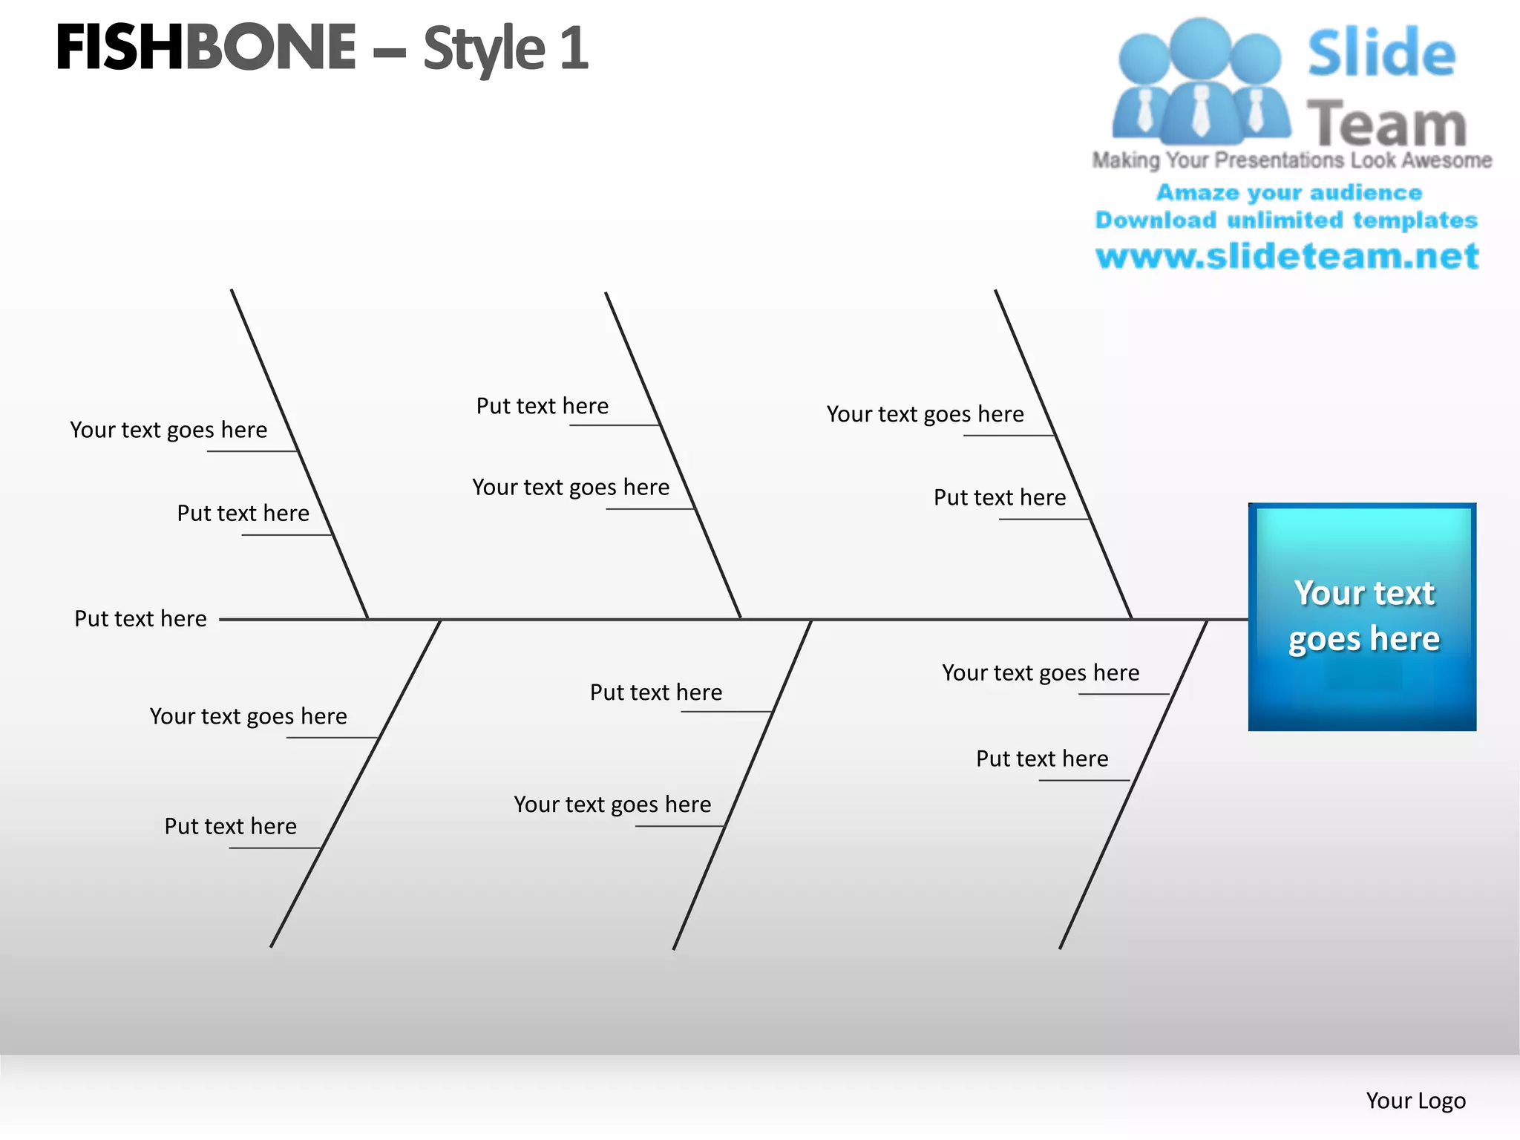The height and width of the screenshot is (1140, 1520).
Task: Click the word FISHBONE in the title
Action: coord(206,47)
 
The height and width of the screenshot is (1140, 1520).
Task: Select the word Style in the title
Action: coord(484,49)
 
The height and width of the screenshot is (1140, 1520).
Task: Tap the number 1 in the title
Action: coord(574,48)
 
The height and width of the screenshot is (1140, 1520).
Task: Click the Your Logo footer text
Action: coord(1415,1101)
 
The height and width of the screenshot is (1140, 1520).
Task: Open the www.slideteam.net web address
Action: coord(1287,256)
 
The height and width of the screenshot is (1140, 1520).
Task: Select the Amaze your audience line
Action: coord(1289,193)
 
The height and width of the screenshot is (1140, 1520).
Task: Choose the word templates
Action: coord(1415,220)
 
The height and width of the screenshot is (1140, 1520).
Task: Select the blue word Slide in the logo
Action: coord(1381,53)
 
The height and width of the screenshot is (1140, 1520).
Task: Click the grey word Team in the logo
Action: coord(1386,123)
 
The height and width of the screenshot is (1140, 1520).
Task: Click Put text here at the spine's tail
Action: coord(140,619)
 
